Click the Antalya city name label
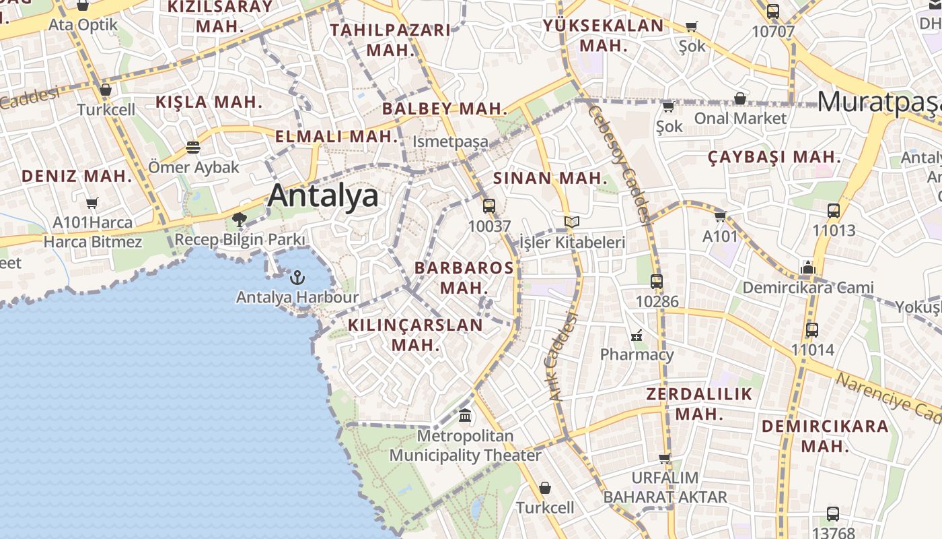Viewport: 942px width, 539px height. [x=323, y=196]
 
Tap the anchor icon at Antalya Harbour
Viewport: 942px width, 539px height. [x=297, y=277]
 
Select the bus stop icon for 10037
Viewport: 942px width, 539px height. [x=489, y=206]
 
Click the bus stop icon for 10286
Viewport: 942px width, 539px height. [x=657, y=282]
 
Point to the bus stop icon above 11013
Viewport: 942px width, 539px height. [x=834, y=210]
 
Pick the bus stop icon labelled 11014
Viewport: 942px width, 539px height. [x=812, y=330]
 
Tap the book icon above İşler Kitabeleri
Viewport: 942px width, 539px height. [x=572, y=222]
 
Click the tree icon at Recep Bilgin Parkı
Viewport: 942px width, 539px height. [x=239, y=219]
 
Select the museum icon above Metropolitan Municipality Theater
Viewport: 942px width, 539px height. [x=465, y=416]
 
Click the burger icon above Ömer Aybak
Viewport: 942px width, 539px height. [x=193, y=147]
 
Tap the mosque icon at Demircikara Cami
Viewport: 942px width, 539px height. [x=808, y=267]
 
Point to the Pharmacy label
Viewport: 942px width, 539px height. [x=637, y=354]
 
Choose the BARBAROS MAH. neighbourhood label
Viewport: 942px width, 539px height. [x=464, y=277]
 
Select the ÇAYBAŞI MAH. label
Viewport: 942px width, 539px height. [x=774, y=158]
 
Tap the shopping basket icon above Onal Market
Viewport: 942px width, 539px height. [x=740, y=98]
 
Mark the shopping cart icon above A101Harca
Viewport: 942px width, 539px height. [x=92, y=203]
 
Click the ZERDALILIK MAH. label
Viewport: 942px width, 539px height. [x=699, y=404]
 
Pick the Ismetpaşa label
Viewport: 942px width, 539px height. [x=450, y=142]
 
